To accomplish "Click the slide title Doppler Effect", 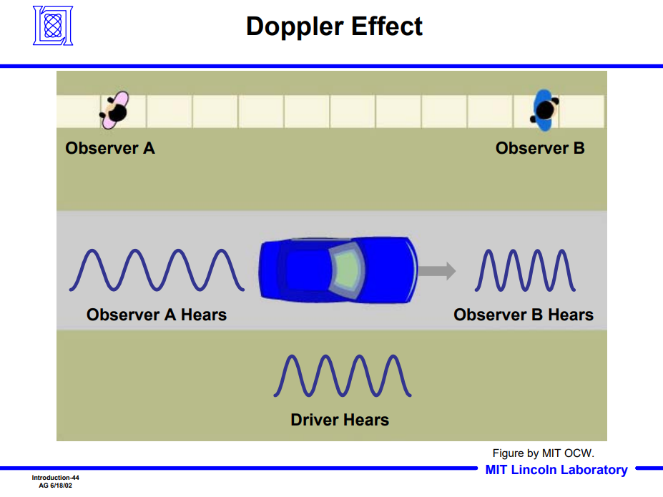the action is click(x=334, y=26).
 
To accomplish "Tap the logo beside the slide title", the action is click(x=53, y=26).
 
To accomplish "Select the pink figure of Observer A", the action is click(x=114, y=111).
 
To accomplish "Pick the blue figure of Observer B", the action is click(x=544, y=110).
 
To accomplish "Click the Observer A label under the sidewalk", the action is click(x=110, y=149).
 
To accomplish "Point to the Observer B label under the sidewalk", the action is click(x=540, y=149).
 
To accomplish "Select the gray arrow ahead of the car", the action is click(x=437, y=271).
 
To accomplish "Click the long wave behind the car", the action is click(x=157, y=270).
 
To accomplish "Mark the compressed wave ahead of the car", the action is click(x=525, y=270).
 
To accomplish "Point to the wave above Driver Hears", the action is click(x=342, y=375).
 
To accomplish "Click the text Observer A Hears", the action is click(x=157, y=315).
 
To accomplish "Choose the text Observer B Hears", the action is click(x=524, y=315).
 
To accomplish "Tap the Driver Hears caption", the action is click(x=340, y=420).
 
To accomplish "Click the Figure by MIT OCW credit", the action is click(x=544, y=453).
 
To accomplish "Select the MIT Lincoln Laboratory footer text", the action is click(x=556, y=470).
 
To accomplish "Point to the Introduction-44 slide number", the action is click(x=55, y=477).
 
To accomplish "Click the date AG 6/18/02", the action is click(x=55, y=486).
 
